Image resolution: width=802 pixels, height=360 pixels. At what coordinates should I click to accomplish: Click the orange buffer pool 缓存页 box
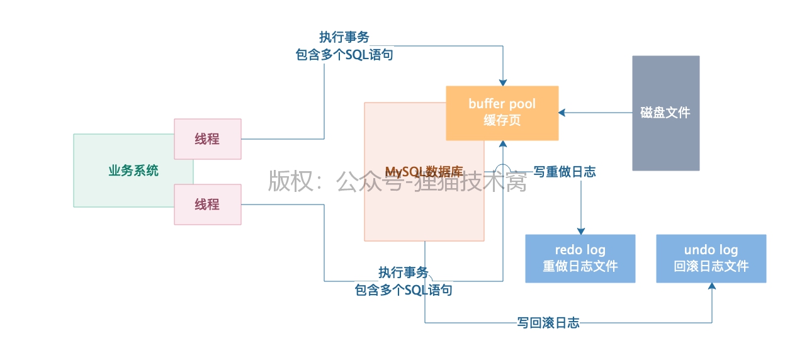tap(502, 113)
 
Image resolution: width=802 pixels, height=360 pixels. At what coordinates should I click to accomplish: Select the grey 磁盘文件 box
tap(665, 113)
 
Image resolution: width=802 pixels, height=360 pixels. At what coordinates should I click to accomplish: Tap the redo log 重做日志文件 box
tap(580, 258)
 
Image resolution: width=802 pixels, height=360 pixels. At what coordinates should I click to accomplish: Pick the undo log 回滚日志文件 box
tap(711, 258)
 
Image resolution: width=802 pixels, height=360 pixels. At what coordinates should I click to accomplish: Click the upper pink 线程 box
tap(207, 138)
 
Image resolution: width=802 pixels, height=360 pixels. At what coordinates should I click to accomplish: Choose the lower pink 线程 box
tap(207, 204)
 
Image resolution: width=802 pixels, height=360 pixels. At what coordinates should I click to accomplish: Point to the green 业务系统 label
tap(133, 170)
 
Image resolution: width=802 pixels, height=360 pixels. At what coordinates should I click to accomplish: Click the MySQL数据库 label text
tap(424, 171)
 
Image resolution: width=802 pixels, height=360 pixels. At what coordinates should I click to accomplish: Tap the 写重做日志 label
tap(564, 171)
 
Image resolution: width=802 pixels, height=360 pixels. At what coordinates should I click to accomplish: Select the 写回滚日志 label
tap(548, 323)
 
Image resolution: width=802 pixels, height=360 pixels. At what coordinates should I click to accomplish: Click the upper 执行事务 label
tap(344, 38)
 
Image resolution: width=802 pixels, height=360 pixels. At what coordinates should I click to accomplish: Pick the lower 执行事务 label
tap(403, 273)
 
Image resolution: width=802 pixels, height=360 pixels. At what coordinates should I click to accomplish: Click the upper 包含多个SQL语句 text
tap(344, 55)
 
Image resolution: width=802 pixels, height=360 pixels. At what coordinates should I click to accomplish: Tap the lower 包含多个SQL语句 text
tap(403, 290)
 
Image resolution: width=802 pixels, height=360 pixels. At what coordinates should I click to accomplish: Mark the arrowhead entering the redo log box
tap(580, 230)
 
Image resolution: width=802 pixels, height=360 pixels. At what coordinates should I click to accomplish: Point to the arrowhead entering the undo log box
tap(711, 286)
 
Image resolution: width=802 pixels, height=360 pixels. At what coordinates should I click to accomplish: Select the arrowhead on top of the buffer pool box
tap(502, 82)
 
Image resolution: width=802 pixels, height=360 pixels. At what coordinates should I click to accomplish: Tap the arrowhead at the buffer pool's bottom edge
tap(502, 144)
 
